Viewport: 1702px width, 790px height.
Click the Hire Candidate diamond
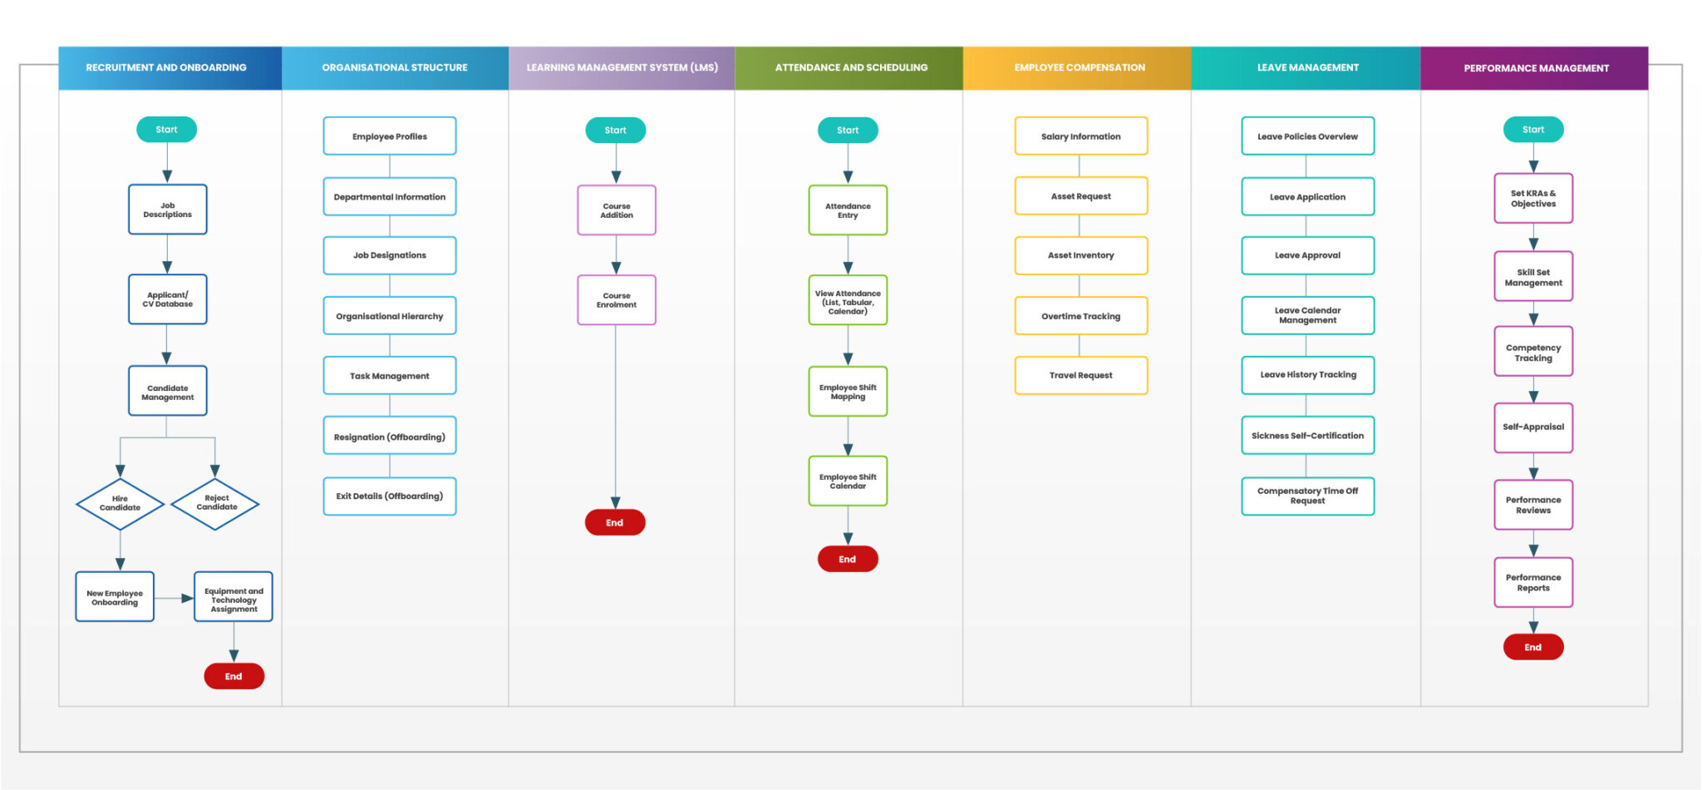pyautogui.click(x=120, y=504)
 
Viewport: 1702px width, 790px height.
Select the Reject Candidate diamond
pyautogui.click(x=215, y=503)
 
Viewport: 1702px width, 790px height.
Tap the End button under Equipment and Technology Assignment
pyautogui.click(x=234, y=676)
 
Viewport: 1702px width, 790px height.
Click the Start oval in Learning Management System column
pyautogui.click(x=615, y=130)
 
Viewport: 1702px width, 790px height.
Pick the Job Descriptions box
pyautogui.click(x=167, y=210)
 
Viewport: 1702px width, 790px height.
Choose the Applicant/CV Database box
pyautogui.click(x=167, y=299)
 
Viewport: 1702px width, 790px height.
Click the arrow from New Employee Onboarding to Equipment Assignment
pyautogui.click(x=175, y=598)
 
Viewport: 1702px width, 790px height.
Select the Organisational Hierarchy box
pyautogui.click(x=389, y=316)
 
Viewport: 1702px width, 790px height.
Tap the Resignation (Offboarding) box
pyautogui.click(x=389, y=437)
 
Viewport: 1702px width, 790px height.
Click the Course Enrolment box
pyautogui.click(x=616, y=300)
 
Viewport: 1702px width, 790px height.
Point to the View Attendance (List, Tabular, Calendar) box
pyautogui.click(x=848, y=301)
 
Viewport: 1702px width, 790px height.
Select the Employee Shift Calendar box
pyautogui.click(x=848, y=481)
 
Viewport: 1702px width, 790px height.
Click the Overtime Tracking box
pyautogui.click(x=1080, y=316)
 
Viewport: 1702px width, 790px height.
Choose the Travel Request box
pyautogui.click(x=1080, y=375)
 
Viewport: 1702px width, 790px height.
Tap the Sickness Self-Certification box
pyautogui.click(x=1307, y=436)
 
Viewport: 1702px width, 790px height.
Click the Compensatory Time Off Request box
pyautogui.click(x=1307, y=496)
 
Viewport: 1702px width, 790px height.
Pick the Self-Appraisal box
pyautogui.click(x=1532, y=427)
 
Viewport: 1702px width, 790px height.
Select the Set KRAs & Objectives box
pyautogui.click(x=1532, y=199)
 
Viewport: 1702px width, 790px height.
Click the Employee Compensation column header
pyautogui.click(x=1079, y=67)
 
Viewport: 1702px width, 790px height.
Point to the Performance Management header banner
pyautogui.click(x=1535, y=68)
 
